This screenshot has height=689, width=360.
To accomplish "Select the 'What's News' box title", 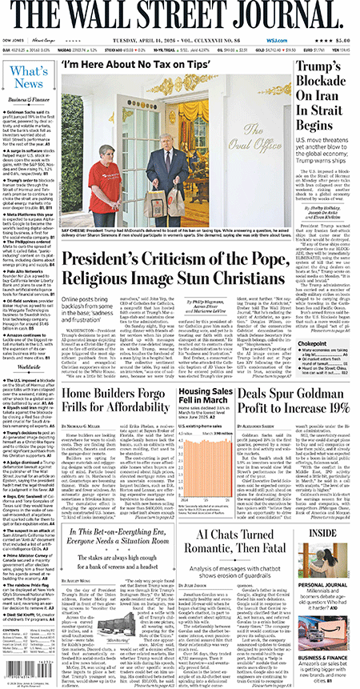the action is [x=28, y=78].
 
